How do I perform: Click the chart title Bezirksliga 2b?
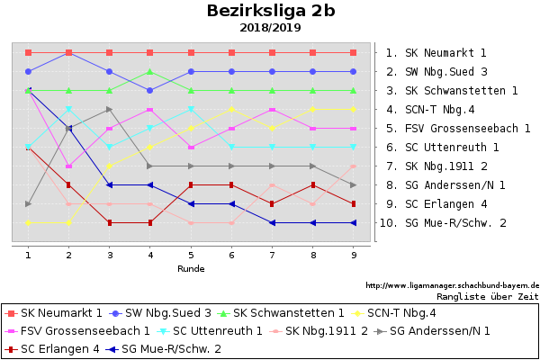pyautogui.click(x=271, y=11)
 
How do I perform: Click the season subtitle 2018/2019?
pyautogui.click(x=271, y=28)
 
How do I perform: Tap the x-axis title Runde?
pyautogui.click(x=190, y=268)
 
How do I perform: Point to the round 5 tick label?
pyautogui.click(x=191, y=255)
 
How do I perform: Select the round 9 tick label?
pyautogui.click(x=353, y=255)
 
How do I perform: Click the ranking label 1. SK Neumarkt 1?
pyautogui.click(x=436, y=53)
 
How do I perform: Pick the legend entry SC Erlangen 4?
pyautogui.click(x=59, y=348)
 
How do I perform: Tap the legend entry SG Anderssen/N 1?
pyautogui.click(x=440, y=331)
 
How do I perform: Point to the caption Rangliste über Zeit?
pyautogui.click(x=487, y=295)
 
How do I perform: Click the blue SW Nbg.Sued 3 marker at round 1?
pyautogui.click(x=29, y=71)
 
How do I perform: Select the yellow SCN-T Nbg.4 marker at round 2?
pyautogui.click(x=69, y=222)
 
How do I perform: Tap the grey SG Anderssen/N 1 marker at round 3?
pyautogui.click(x=110, y=110)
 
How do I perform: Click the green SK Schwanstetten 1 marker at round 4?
pyautogui.click(x=150, y=72)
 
